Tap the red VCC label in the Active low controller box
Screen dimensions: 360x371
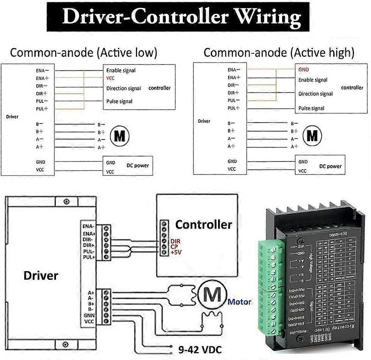110,78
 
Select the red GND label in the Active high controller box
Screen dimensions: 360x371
303,70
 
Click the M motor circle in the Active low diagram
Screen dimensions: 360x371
119,135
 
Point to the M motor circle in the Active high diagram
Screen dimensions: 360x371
312,135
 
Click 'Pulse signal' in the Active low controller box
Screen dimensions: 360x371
119,101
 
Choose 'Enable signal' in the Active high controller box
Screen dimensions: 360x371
313,80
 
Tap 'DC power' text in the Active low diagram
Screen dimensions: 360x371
137,165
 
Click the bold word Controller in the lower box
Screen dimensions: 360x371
203,225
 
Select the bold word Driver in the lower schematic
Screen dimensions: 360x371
41,275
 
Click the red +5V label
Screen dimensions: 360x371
175,251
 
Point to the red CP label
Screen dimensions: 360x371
174,246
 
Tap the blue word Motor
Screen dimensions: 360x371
239,302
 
